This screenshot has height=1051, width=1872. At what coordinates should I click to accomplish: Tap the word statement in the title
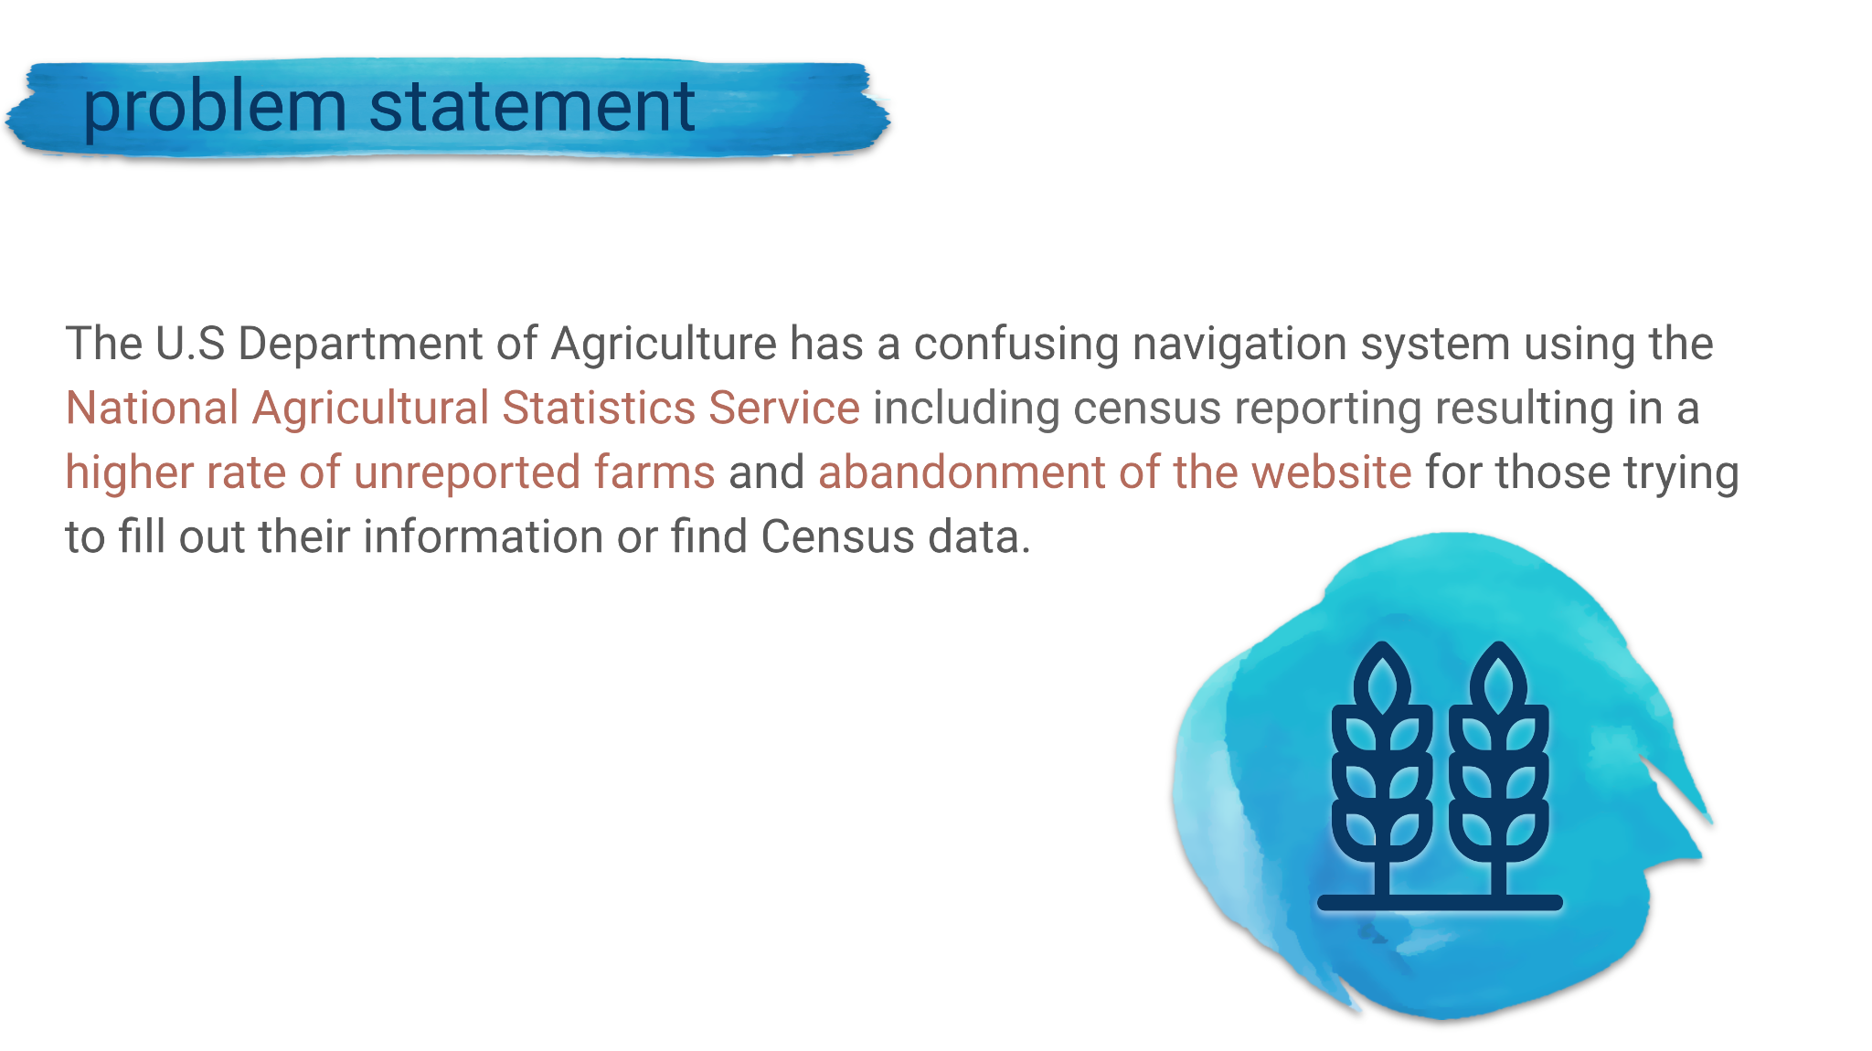click(532, 107)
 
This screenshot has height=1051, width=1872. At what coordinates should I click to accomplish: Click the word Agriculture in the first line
click(664, 345)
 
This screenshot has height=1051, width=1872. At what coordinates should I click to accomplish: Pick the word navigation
click(1239, 345)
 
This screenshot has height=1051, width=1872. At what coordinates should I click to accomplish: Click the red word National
click(153, 408)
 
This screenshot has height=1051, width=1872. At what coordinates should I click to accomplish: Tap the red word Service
click(784, 408)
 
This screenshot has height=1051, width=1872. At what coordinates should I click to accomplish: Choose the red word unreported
click(467, 473)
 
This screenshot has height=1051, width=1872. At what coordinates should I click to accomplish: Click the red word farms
click(654, 472)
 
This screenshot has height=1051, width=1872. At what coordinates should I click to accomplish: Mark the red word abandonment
click(963, 472)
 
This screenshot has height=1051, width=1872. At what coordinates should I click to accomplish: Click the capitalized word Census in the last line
click(837, 536)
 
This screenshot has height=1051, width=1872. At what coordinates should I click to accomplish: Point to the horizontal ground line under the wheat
click(1440, 903)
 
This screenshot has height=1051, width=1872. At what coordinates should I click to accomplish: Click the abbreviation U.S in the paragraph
click(190, 345)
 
